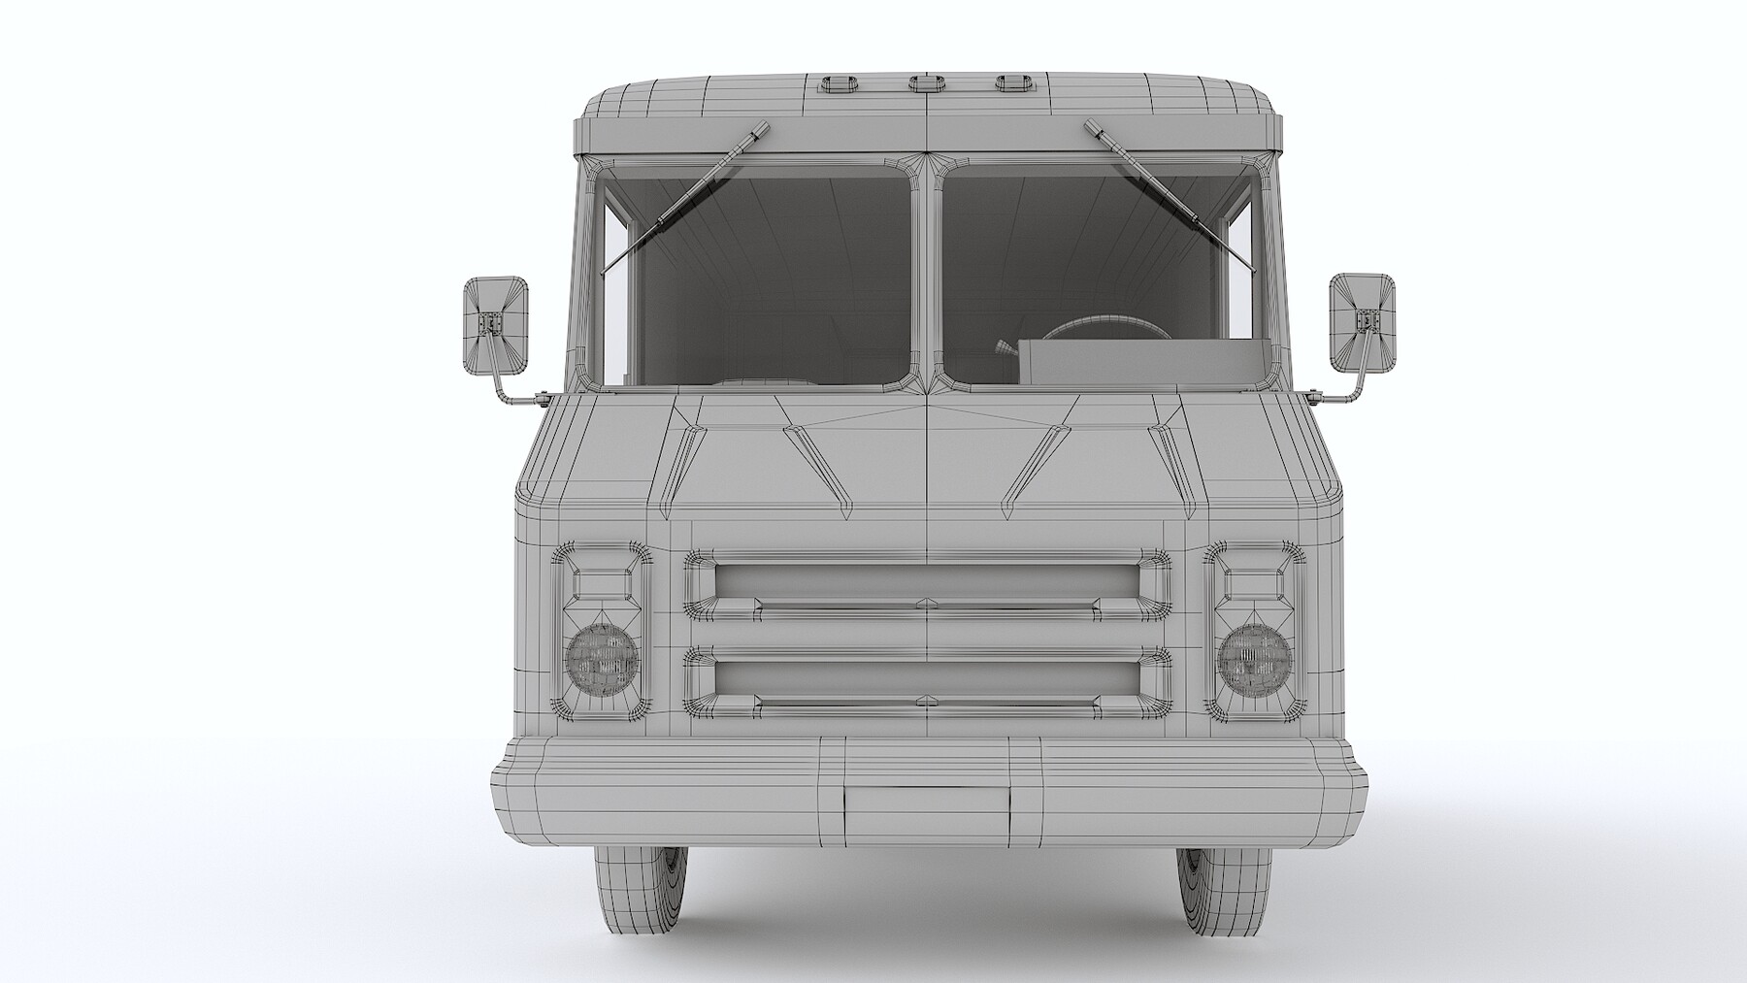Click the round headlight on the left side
tap(602, 659)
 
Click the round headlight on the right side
tap(1255, 659)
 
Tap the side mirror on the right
tap(1362, 322)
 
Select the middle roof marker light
tap(927, 82)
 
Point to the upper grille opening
tap(927, 579)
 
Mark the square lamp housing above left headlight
tap(602, 583)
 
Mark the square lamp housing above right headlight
tap(1255, 583)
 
